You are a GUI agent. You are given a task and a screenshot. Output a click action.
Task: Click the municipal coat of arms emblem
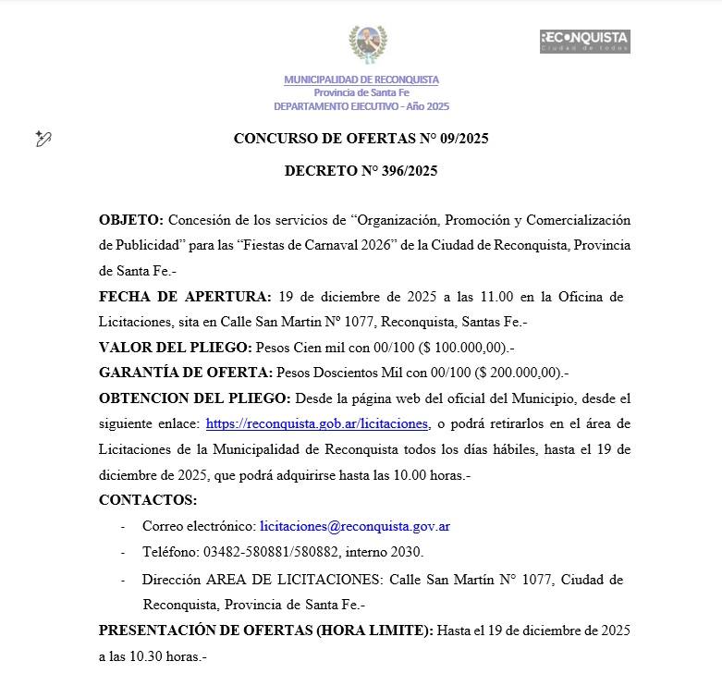pyautogui.click(x=367, y=43)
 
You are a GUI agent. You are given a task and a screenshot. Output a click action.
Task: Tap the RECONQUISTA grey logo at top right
pyautogui.click(x=584, y=41)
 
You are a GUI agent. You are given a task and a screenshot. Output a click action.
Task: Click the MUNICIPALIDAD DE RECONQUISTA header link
pyautogui.click(x=361, y=80)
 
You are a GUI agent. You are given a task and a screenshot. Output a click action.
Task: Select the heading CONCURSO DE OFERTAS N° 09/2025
pyautogui.click(x=361, y=140)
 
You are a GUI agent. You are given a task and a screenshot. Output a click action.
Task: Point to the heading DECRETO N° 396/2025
pyautogui.click(x=361, y=171)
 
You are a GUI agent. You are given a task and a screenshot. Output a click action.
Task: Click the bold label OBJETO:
pyautogui.click(x=131, y=220)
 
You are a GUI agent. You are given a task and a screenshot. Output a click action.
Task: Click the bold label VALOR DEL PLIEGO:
pyautogui.click(x=175, y=348)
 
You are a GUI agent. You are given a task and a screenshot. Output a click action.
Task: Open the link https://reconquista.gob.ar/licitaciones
pyautogui.click(x=317, y=423)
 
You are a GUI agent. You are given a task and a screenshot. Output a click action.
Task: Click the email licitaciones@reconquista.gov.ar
pyautogui.click(x=355, y=526)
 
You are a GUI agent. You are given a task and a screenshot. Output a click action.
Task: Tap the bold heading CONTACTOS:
pyautogui.click(x=148, y=500)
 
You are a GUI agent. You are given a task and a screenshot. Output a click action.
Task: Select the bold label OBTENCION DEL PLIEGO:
pyautogui.click(x=195, y=398)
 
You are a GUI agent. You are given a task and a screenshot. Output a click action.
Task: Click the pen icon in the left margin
pyautogui.click(x=43, y=139)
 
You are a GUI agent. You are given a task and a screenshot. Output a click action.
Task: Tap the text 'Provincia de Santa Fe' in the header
pyautogui.click(x=361, y=92)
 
